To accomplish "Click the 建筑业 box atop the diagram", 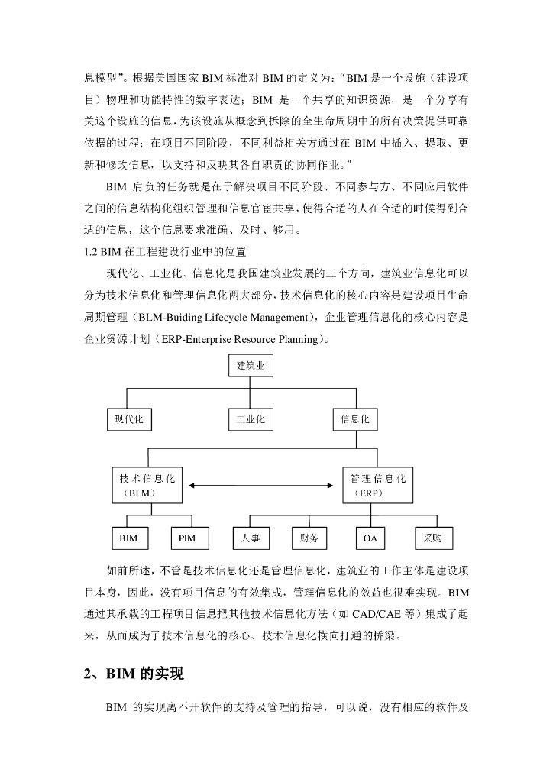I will (251, 367).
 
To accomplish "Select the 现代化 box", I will (129, 419).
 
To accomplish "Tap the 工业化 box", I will (251, 419).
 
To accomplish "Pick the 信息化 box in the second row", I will (355, 419).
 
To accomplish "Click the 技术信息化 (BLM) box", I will (147, 485).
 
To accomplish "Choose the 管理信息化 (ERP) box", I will (377, 485).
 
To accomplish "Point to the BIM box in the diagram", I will (129, 538).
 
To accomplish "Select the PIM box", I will (187, 538).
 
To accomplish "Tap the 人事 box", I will (251, 538).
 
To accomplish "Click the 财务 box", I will (309, 538).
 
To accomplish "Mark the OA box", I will (370, 538).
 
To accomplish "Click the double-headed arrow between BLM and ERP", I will (262, 486).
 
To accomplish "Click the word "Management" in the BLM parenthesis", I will (274, 318).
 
